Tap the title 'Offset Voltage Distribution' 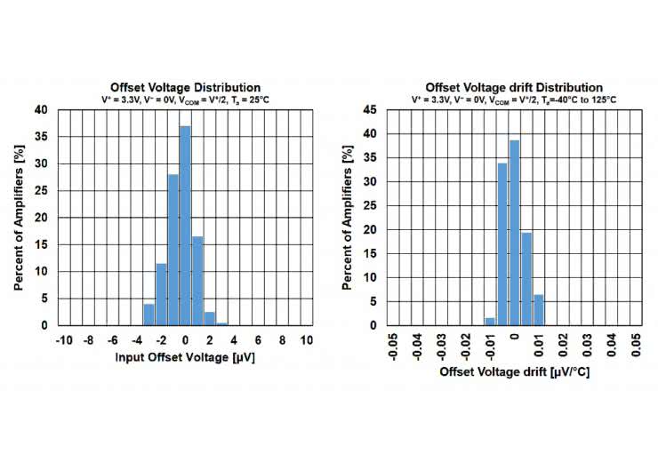[x=185, y=87]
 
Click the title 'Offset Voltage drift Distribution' [x=514, y=87]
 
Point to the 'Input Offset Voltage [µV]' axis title [x=185, y=358]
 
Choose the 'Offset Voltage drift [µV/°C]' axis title [x=514, y=372]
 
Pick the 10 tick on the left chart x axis [x=307, y=340]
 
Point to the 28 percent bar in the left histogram [x=173, y=250]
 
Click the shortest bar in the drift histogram [x=490, y=321]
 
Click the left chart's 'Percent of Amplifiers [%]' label [x=19, y=218]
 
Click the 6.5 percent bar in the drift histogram [x=538, y=309]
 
